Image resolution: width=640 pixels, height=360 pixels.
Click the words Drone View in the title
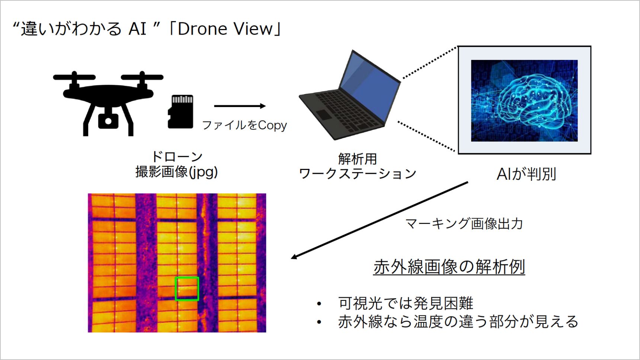click(225, 29)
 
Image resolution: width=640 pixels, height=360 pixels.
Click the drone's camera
click(108, 120)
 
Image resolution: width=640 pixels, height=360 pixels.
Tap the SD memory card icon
click(181, 112)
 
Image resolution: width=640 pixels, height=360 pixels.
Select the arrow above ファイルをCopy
click(240, 106)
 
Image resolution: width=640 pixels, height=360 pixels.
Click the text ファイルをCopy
click(244, 125)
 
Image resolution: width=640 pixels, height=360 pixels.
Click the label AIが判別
click(526, 174)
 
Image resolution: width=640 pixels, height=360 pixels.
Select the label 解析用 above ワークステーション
click(357, 159)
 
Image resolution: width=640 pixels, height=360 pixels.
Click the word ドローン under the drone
click(177, 156)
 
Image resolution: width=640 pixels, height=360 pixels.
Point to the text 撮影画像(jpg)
click(177, 171)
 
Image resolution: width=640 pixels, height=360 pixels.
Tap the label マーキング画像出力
click(464, 224)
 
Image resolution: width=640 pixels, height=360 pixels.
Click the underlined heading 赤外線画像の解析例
click(449, 267)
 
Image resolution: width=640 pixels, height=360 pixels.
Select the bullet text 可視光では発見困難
click(406, 303)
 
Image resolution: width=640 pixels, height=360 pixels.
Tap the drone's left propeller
click(74, 77)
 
